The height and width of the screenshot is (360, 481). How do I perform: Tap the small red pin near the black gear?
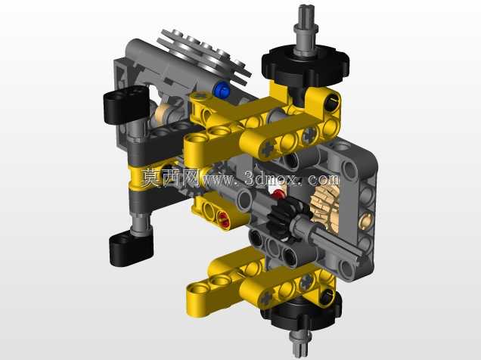[278, 194]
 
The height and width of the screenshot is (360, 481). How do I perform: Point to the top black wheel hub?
[305, 66]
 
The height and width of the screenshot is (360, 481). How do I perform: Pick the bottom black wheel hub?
[301, 314]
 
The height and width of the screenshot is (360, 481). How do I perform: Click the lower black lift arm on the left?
[131, 249]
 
